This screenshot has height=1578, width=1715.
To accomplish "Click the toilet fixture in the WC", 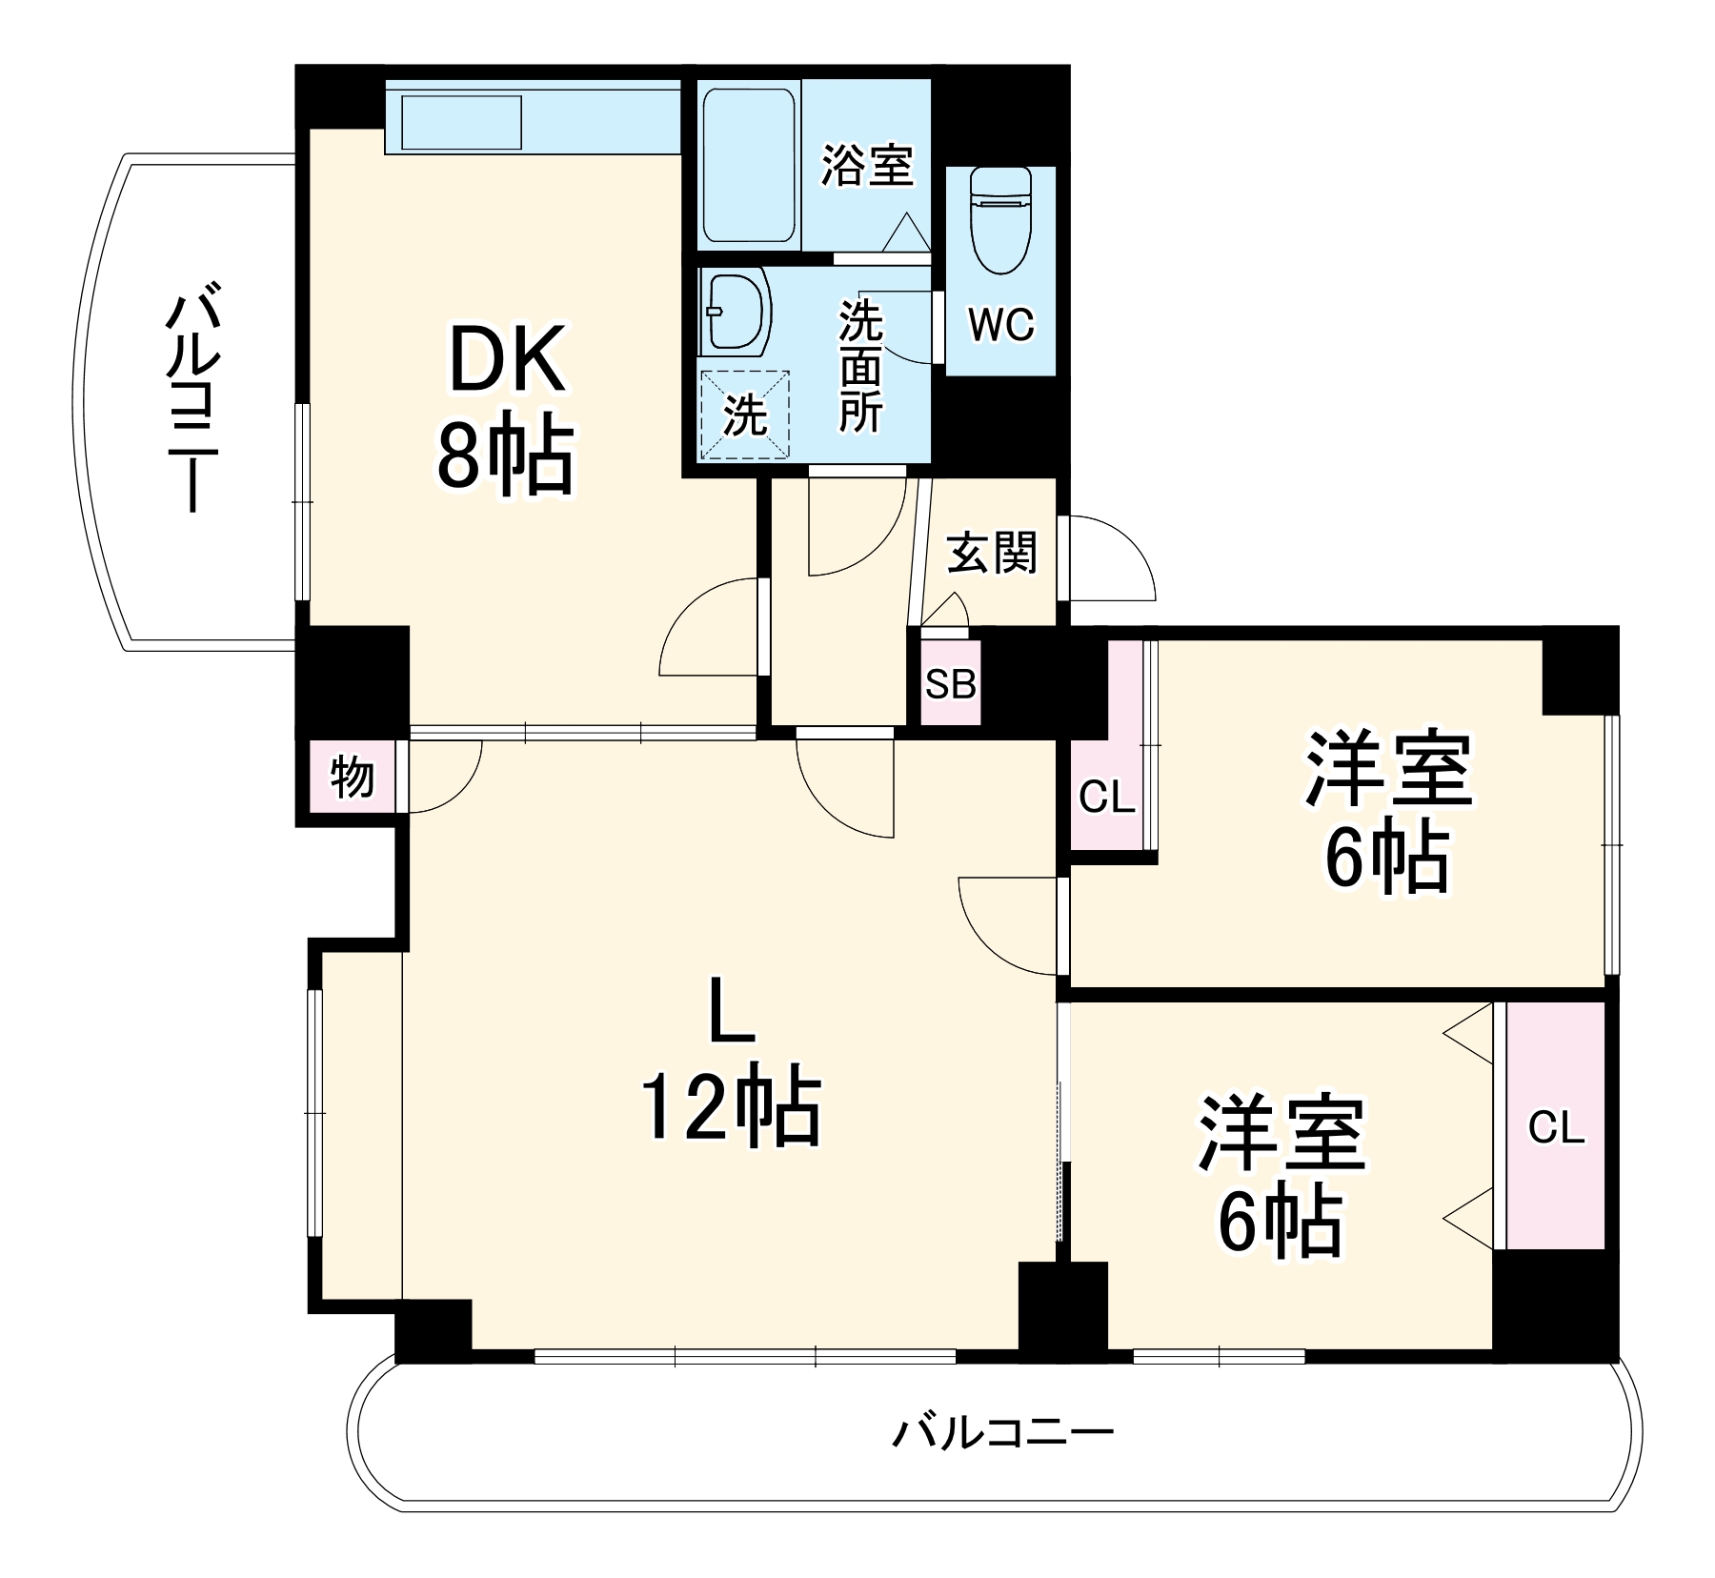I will point(1000,219).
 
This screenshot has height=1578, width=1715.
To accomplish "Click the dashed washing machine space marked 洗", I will point(745,415).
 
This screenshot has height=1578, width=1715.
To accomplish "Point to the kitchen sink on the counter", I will point(461,122).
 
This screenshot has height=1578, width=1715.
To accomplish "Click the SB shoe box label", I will point(951,683).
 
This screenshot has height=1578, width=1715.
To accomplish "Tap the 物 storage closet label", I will point(352,778).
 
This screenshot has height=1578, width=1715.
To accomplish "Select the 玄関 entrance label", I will point(991,553).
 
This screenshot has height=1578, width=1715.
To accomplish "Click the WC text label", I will point(1000,325).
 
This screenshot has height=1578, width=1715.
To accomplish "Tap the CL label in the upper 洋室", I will point(1107,797).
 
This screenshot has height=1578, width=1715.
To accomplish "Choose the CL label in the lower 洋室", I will point(1556,1127).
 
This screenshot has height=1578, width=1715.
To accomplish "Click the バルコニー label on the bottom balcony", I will point(1002,1432).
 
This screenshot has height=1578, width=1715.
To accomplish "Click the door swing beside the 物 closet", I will point(443,777).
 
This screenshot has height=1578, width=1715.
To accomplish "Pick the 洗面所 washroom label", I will point(860,367).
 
